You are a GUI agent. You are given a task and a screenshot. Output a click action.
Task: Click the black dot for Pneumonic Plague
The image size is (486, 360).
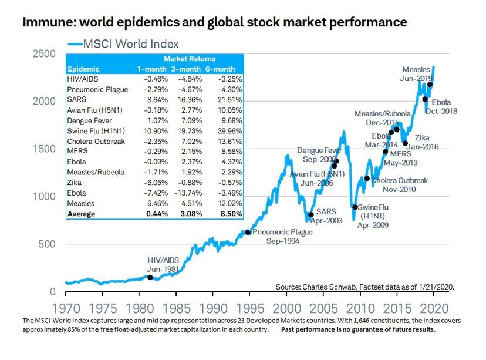tap(248, 232)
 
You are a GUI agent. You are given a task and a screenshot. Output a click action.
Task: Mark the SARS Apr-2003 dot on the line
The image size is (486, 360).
tap(311, 215)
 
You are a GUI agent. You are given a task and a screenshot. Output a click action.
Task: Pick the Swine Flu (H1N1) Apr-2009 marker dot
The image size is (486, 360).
tap(355, 207)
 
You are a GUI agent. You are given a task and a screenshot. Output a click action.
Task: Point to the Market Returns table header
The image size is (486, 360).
tap(189, 59)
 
